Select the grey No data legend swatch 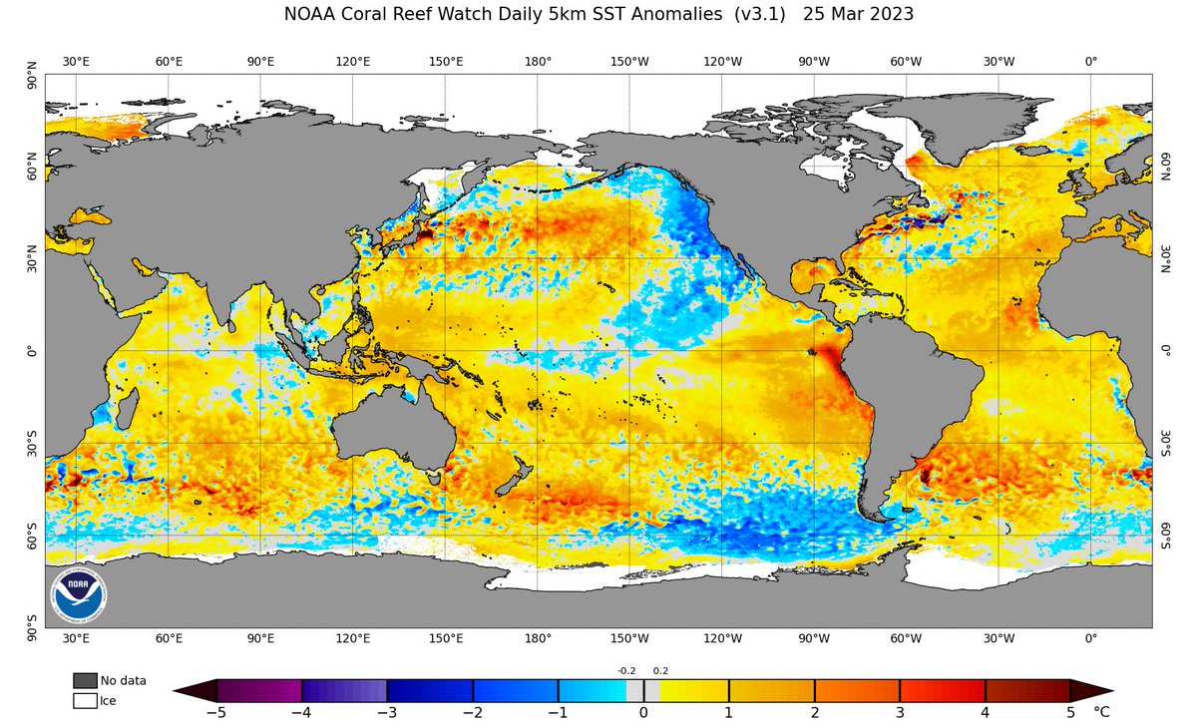click(x=85, y=680)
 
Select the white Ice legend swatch click(x=85, y=701)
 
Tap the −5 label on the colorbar click(x=215, y=713)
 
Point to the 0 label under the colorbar click(x=643, y=713)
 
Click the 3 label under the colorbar click(x=900, y=713)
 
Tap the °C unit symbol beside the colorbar click(x=1101, y=713)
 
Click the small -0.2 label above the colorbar click(x=626, y=670)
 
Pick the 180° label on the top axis click(x=538, y=62)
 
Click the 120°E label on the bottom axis click(x=353, y=638)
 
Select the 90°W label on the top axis click(x=814, y=62)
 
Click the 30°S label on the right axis click(x=1163, y=443)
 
